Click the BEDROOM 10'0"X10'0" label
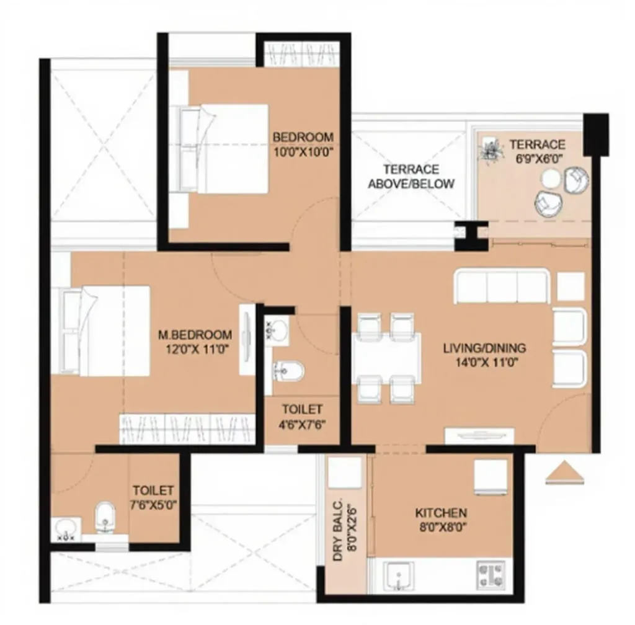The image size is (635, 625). click(x=303, y=143)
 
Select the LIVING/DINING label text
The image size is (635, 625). click(x=484, y=354)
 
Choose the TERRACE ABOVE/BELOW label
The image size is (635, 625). click(x=411, y=176)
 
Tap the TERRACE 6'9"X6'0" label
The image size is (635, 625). click(x=538, y=151)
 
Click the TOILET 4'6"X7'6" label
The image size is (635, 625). click(x=302, y=416)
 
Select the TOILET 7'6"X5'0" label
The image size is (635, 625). click(x=153, y=497)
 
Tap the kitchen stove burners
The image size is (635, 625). click(x=493, y=575)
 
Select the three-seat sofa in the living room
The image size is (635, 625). click(x=502, y=286)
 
